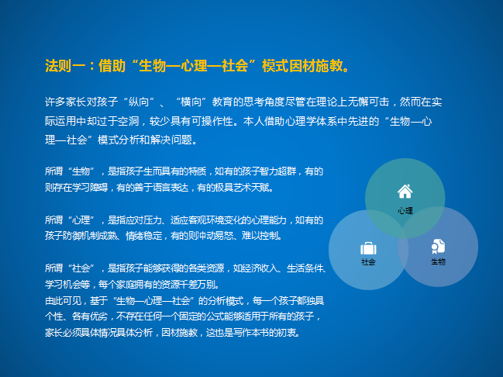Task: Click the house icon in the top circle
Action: (x=405, y=192)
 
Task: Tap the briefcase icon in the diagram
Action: (x=368, y=248)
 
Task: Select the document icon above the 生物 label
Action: (x=438, y=247)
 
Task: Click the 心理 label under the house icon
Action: (x=405, y=211)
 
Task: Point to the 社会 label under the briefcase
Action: (x=368, y=262)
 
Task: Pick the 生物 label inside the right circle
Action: (x=438, y=261)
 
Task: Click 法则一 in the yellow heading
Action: (x=65, y=66)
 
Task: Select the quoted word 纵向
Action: (x=139, y=102)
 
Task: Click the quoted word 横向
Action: (x=191, y=102)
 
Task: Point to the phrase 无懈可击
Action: (x=368, y=102)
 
